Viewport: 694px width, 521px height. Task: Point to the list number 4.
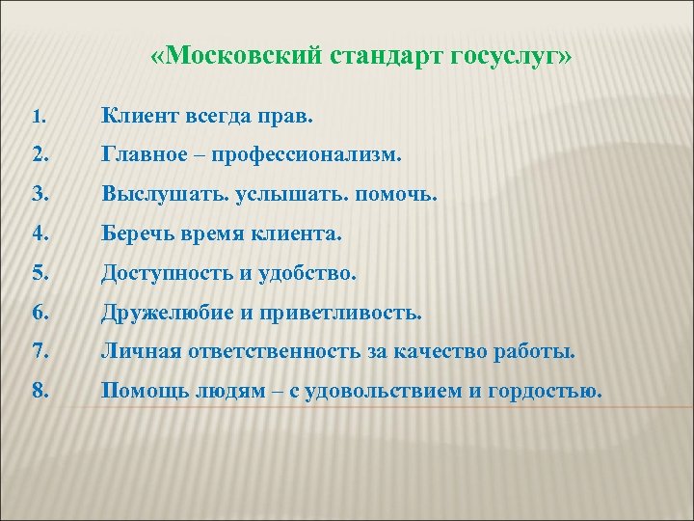tap(39, 234)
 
